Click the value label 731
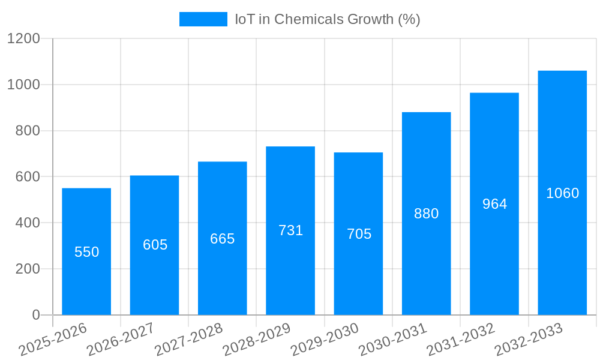(291, 230)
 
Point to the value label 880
(427, 214)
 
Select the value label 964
(495, 204)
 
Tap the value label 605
(155, 245)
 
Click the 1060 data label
(563, 193)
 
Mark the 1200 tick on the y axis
(23, 38)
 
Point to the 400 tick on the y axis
(27, 223)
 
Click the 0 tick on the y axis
(36, 315)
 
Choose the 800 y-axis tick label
(27, 131)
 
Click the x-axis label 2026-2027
(121, 340)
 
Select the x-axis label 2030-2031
(393, 340)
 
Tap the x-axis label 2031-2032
(461, 340)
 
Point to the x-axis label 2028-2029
(257, 340)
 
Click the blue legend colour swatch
(203, 19)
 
